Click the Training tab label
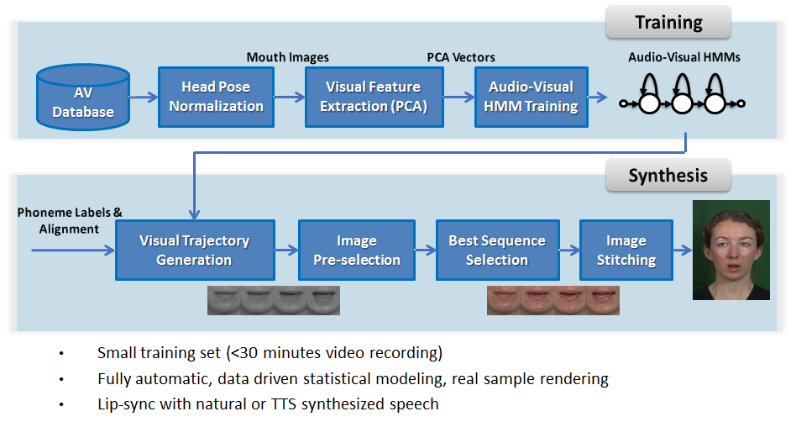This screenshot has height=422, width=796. [x=668, y=22]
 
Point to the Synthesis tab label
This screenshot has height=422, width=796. [x=668, y=176]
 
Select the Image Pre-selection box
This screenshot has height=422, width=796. [x=357, y=250]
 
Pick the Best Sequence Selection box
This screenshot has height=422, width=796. [x=496, y=250]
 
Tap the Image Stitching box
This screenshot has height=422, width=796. [x=626, y=250]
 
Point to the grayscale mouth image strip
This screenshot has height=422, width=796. [x=274, y=300]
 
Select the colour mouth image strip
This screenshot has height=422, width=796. [x=553, y=300]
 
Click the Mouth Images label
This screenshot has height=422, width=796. [x=287, y=57]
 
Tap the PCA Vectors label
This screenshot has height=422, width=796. [x=461, y=57]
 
